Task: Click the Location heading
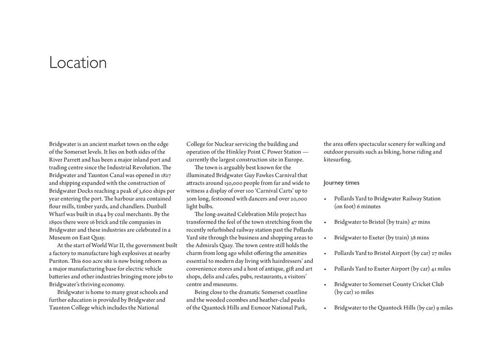click(78, 63)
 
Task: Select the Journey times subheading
click(341, 183)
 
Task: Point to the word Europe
click(293, 160)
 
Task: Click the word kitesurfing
click(337, 160)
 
